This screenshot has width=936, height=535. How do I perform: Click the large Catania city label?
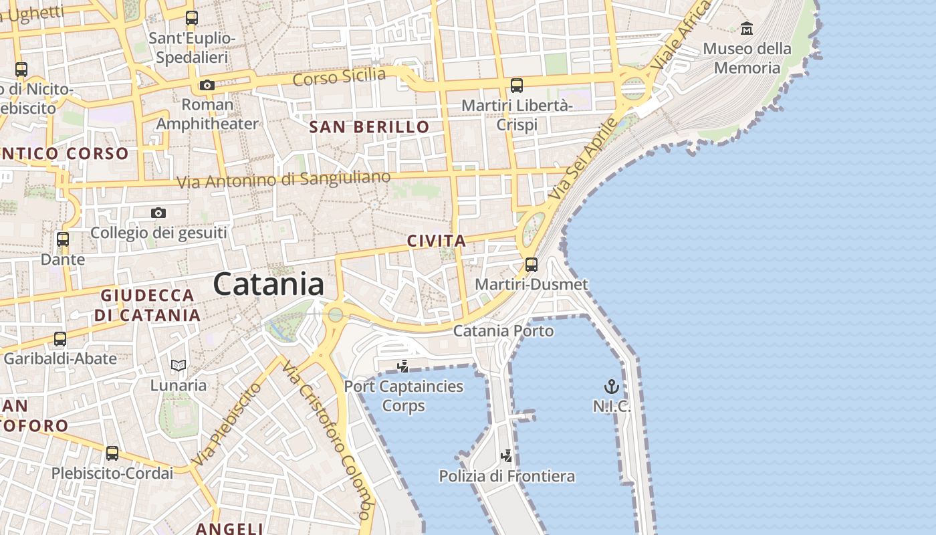tap(269, 284)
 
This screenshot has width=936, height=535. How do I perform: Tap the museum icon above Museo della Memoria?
tap(747, 29)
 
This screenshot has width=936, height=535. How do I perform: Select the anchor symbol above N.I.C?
tap(611, 387)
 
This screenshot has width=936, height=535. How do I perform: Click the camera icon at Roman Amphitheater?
tap(207, 86)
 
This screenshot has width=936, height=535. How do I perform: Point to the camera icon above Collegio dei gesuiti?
tap(158, 213)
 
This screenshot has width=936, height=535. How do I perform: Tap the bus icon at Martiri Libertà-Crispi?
tap(517, 86)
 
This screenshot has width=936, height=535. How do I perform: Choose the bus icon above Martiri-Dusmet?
tap(532, 264)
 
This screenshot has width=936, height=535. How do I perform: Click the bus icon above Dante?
tap(63, 239)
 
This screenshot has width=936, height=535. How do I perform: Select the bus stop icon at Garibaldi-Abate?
tap(60, 339)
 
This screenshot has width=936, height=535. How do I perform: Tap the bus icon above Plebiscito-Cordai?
tap(112, 453)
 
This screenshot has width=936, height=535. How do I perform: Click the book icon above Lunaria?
tap(178, 365)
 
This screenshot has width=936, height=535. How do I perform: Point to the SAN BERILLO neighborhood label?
tap(369, 126)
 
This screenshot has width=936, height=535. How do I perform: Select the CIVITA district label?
tap(437, 241)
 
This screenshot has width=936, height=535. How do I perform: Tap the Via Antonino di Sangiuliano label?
tap(283, 180)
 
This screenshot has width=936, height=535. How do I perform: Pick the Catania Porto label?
tap(503, 331)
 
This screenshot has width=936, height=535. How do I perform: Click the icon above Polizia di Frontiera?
tap(507, 456)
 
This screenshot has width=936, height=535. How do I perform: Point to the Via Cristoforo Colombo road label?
tap(327, 441)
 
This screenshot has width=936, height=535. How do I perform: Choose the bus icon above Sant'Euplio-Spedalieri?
tap(192, 18)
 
